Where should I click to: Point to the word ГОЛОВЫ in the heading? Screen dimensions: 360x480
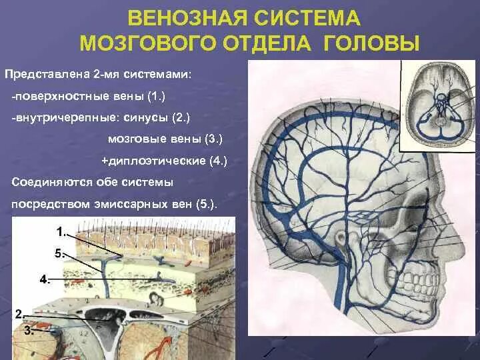coord(373,44)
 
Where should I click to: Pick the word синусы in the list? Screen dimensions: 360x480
coord(149,118)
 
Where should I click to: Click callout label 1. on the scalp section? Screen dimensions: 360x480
coord(61,232)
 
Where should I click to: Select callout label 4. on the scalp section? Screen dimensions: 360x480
coord(45,280)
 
